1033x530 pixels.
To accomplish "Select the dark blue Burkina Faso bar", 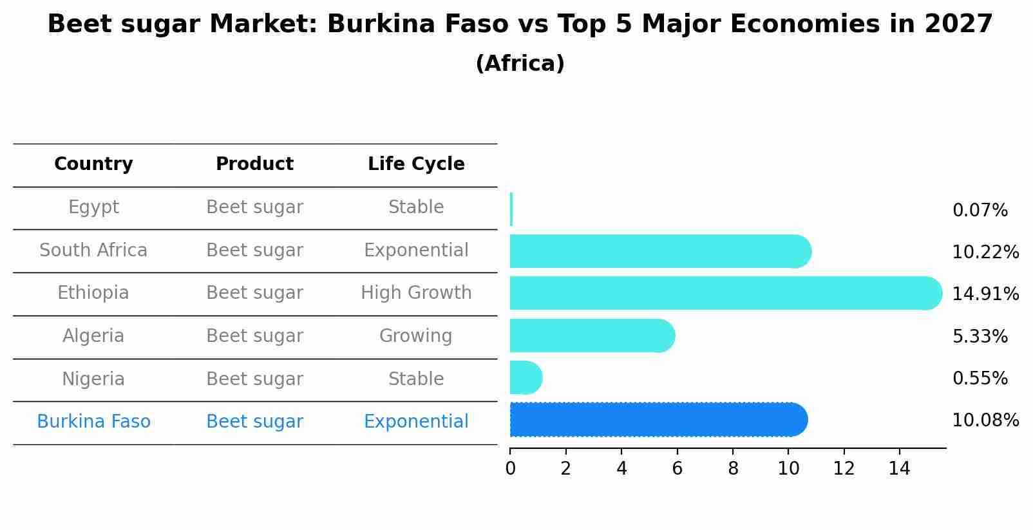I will tap(657, 420).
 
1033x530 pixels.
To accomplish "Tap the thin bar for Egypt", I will tap(511, 209).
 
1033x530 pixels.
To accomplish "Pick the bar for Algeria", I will tap(591, 336).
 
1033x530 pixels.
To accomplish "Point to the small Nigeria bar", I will tap(525, 377).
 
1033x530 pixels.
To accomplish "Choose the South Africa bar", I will tap(659, 251).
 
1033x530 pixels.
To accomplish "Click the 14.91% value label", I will tap(985, 294).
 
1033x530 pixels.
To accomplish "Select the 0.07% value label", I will tap(980, 211).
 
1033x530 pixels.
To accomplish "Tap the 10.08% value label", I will tap(985, 421).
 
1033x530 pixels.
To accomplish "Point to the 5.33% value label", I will tap(980, 336).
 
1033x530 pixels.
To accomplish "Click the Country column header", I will tap(93, 164).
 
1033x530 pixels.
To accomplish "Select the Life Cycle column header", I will tap(416, 164).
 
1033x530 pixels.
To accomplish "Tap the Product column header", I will tap(254, 164).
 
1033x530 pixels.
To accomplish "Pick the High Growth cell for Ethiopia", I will tap(416, 293).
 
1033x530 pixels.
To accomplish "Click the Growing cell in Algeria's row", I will tap(415, 336).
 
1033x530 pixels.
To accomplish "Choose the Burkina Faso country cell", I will tap(93, 422).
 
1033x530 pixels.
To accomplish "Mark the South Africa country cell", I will tap(93, 251).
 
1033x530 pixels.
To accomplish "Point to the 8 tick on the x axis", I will tap(733, 469).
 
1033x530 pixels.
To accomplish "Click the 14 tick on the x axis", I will tap(899, 469).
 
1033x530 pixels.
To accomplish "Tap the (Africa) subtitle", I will tap(520, 64).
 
